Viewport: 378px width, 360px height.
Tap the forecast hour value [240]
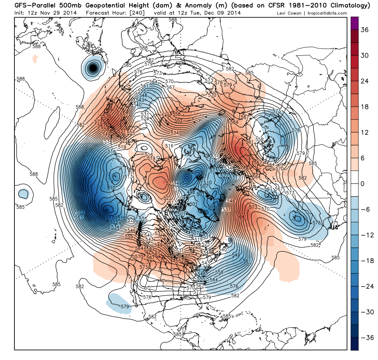[x=138, y=13]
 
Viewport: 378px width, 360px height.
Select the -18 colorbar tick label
[x=364, y=261]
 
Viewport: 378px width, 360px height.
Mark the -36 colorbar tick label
[x=364, y=337]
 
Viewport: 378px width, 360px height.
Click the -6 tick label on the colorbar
[x=364, y=209]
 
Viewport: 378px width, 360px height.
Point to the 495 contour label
[x=180, y=184]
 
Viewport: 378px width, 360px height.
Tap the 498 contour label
[x=191, y=192]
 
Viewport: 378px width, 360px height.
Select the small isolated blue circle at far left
[x=23, y=193]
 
